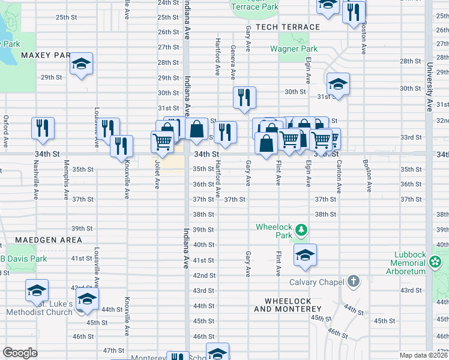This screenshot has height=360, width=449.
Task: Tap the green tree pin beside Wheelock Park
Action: pyautogui.click(x=302, y=230)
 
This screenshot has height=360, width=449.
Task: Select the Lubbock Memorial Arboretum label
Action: pyautogui.click(x=408, y=263)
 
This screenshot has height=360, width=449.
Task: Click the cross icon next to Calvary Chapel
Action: pyautogui.click(x=353, y=281)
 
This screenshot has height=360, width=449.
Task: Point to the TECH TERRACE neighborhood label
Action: pyautogui.click(x=288, y=27)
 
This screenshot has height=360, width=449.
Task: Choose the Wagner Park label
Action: pyautogui.click(x=293, y=49)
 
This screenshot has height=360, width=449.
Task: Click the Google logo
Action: pyautogui.click(x=20, y=353)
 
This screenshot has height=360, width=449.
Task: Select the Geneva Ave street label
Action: pyautogui.click(x=232, y=60)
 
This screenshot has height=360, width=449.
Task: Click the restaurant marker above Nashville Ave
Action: pyautogui.click(x=43, y=128)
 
